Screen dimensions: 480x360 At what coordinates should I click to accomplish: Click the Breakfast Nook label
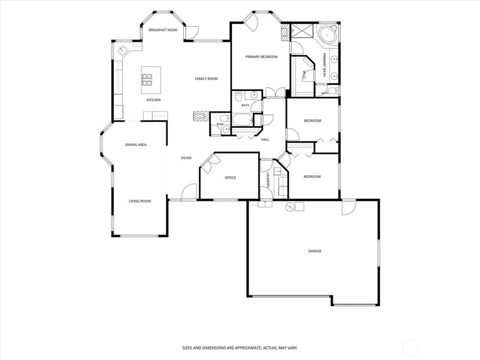point(163,30)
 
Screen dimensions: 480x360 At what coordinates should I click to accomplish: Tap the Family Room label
point(206,79)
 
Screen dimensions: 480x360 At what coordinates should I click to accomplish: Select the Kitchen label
point(154,100)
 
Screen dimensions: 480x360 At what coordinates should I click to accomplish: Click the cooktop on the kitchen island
point(147,80)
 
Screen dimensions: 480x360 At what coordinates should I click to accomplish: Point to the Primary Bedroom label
point(261,57)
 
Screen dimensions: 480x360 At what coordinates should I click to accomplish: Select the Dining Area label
point(136,145)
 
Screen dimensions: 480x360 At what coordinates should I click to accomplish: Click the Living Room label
point(140,201)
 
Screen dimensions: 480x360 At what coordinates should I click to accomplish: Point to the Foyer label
point(186,158)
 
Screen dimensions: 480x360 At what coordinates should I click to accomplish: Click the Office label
point(231,177)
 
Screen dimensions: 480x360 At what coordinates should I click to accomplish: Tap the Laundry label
point(268,180)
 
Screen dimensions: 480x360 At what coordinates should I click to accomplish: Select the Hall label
point(265,140)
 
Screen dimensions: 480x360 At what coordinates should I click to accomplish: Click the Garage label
point(315,251)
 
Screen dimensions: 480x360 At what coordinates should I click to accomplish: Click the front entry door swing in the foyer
point(189,192)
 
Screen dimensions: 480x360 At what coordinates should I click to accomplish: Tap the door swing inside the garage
point(349,207)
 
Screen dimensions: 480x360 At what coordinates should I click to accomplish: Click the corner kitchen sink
point(122,50)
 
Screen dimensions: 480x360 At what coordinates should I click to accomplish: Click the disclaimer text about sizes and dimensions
point(240,348)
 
